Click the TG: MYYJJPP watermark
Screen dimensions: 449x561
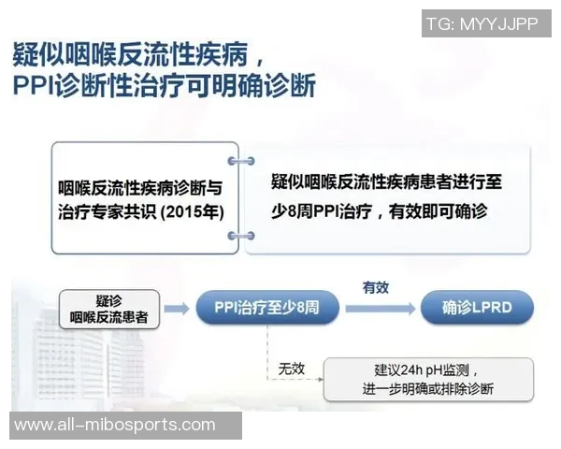tap(482, 23)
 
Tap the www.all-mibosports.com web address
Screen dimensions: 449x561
tap(115, 425)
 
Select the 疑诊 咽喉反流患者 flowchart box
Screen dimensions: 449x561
tap(108, 309)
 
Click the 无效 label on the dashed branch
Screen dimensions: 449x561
tap(291, 369)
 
